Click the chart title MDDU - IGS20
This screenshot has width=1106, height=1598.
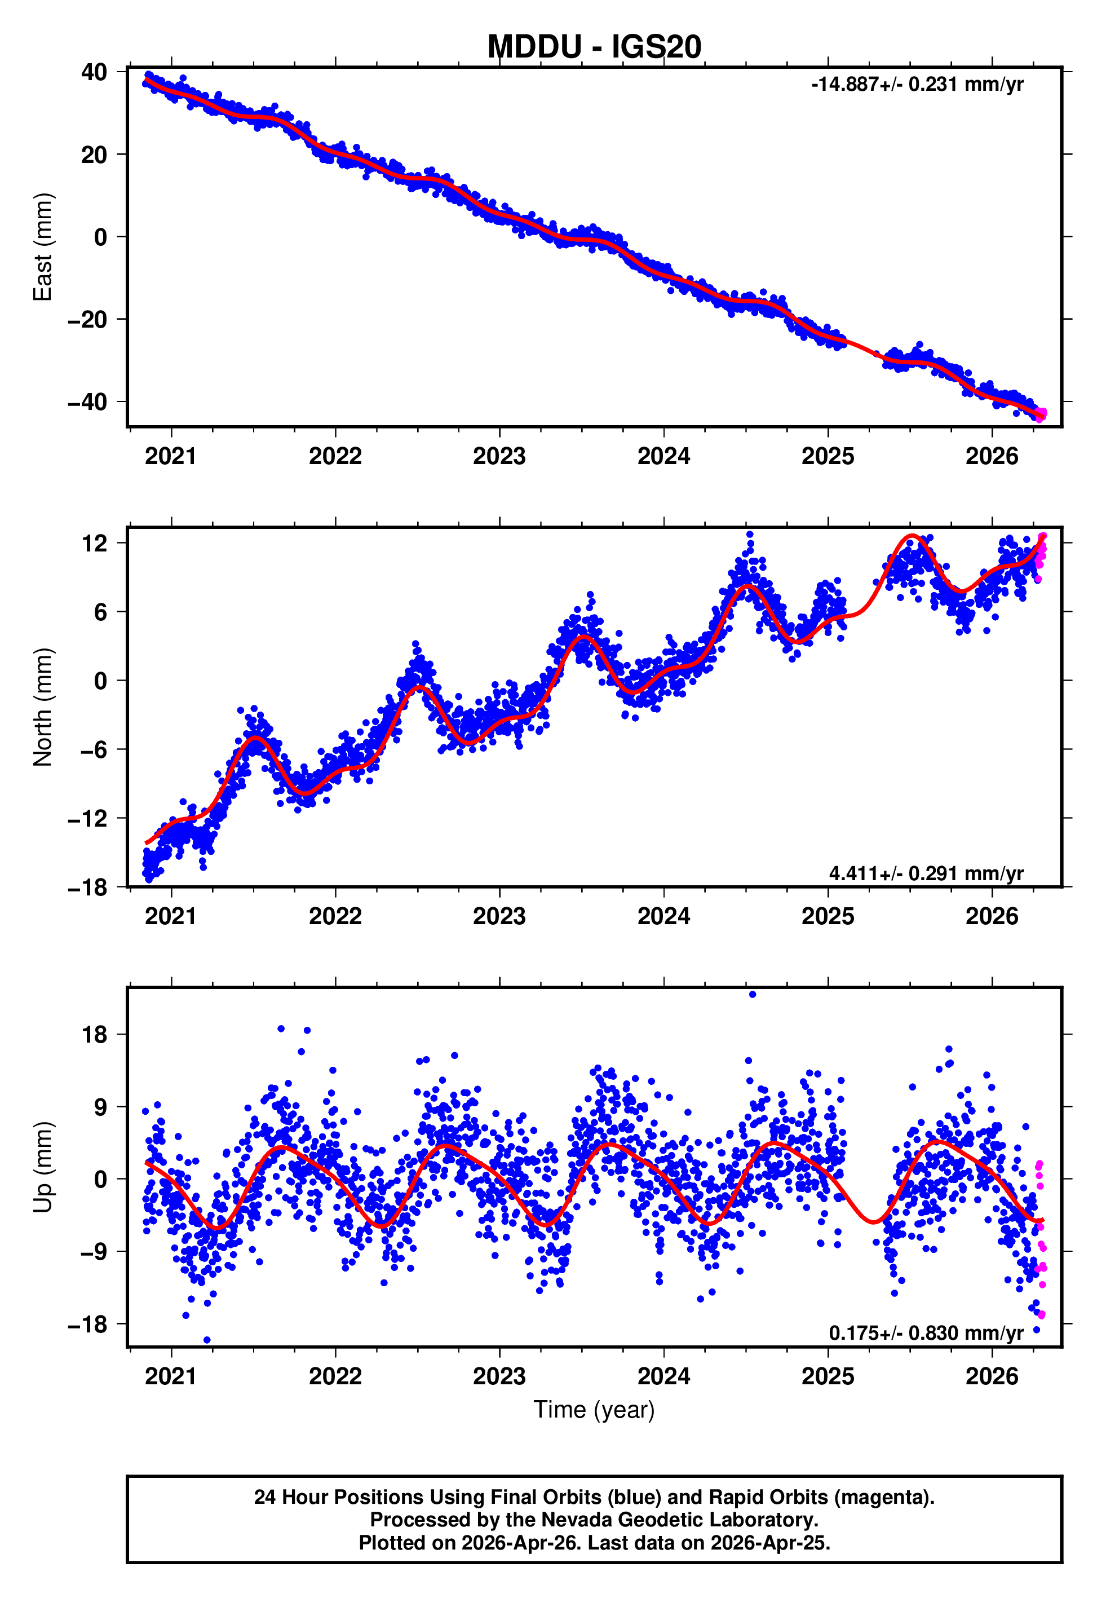(594, 47)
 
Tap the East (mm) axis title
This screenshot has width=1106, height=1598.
(43, 247)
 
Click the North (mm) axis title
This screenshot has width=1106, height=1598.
(43, 707)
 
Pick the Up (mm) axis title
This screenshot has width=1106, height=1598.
(43, 1167)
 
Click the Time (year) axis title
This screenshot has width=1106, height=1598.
(594, 1410)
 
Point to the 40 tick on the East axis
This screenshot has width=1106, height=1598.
(94, 72)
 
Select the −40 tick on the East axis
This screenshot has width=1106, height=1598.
(88, 402)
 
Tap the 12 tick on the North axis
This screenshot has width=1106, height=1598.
(94, 544)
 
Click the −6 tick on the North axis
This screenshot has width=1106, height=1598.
(88, 749)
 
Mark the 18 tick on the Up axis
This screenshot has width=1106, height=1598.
(94, 1035)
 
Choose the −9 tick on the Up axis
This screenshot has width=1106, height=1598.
(88, 1252)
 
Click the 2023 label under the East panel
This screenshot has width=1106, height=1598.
(499, 456)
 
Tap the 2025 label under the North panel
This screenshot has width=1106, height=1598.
(828, 916)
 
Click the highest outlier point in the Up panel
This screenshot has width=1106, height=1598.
(753, 995)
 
